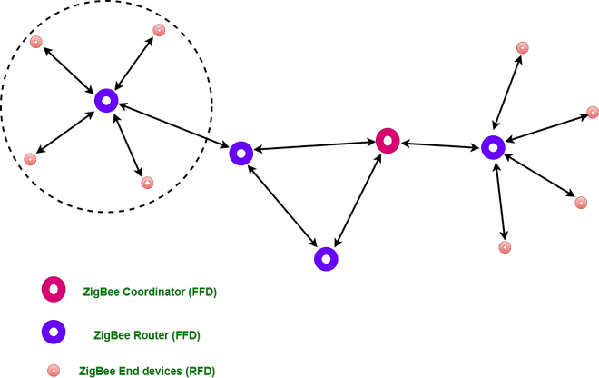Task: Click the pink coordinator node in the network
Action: pyautogui.click(x=388, y=141)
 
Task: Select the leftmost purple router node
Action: pyautogui.click(x=106, y=100)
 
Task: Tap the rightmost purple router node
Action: pyautogui.click(x=493, y=147)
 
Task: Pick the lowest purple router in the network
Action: pyautogui.click(x=326, y=259)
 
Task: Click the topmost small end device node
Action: pyautogui.click(x=159, y=30)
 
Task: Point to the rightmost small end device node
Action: pyautogui.click(x=593, y=112)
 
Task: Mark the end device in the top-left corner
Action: pyautogui.click(x=36, y=42)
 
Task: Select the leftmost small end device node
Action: pyautogui.click(x=30, y=159)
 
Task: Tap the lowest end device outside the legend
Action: pyautogui.click(x=505, y=247)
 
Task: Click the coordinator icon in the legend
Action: pyautogui.click(x=54, y=289)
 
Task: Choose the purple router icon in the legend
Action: pyautogui.click(x=54, y=332)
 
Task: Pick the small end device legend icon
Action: pyautogui.click(x=54, y=370)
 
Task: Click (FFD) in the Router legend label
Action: pyautogui.click(x=187, y=335)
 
